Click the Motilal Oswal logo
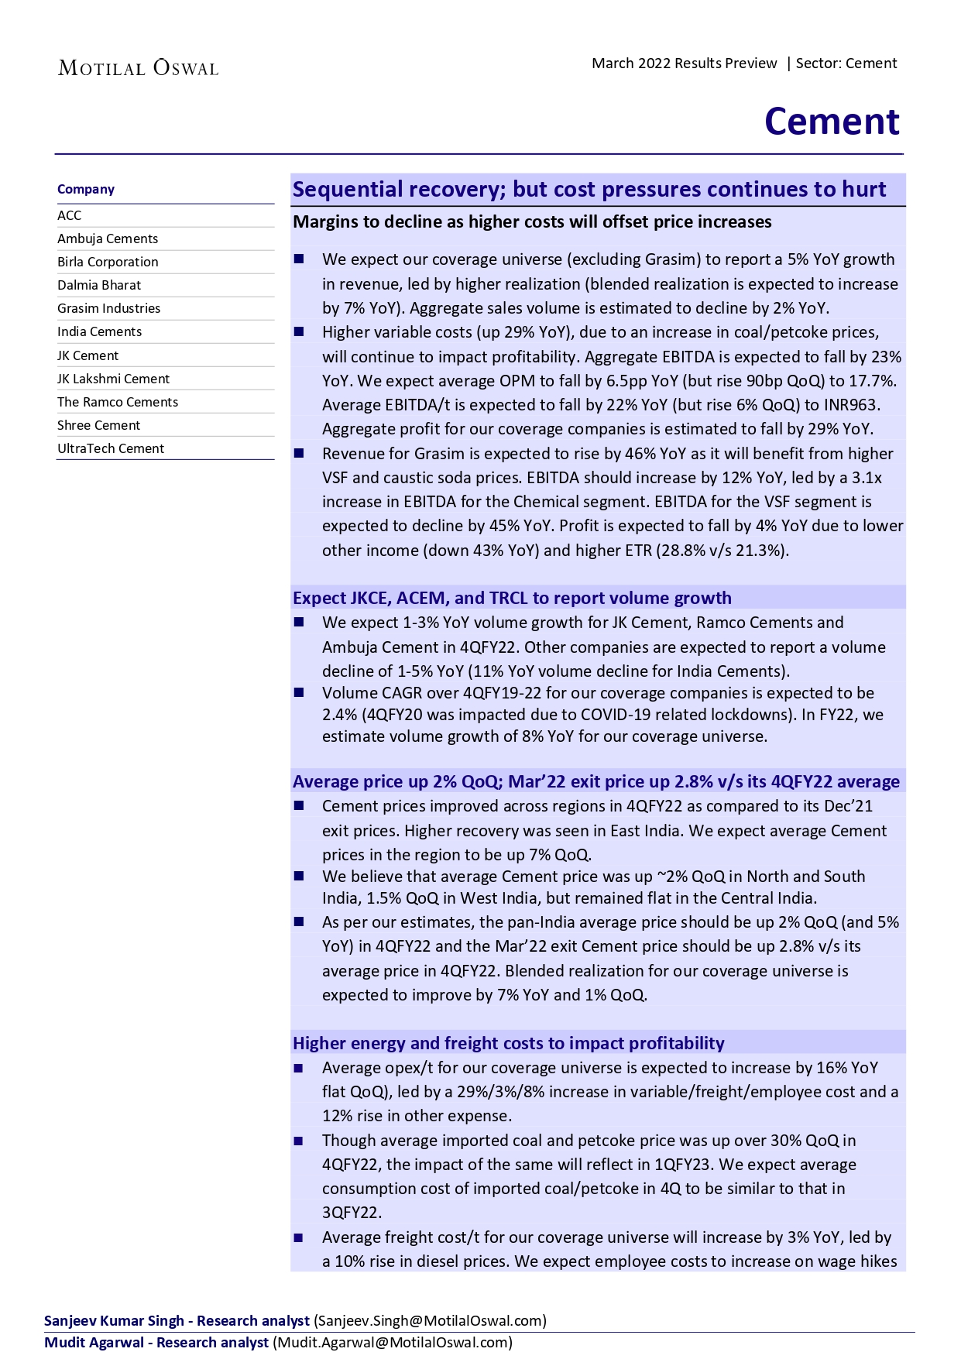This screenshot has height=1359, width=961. [139, 68]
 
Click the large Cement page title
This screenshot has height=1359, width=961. [832, 122]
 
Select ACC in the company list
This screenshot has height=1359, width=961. [70, 215]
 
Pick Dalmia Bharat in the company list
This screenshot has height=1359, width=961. [99, 285]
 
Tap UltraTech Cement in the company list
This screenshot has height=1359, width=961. [111, 448]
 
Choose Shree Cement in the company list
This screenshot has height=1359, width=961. [98, 425]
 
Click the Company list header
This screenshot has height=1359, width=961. [86, 189]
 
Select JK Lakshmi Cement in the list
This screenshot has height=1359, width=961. [113, 379]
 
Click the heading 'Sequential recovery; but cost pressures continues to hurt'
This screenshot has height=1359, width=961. [589, 190]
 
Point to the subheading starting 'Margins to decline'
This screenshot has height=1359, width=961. [532, 222]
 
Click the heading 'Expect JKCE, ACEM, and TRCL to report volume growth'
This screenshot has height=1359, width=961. [512, 598]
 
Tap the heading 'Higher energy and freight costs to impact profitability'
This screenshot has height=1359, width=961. [508, 1043]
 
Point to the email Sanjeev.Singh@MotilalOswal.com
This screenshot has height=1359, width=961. [430, 1320]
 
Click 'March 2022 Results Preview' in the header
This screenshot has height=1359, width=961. [684, 63]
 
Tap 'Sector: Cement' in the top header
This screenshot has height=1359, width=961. [846, 63]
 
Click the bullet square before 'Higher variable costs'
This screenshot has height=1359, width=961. [299, 332]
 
